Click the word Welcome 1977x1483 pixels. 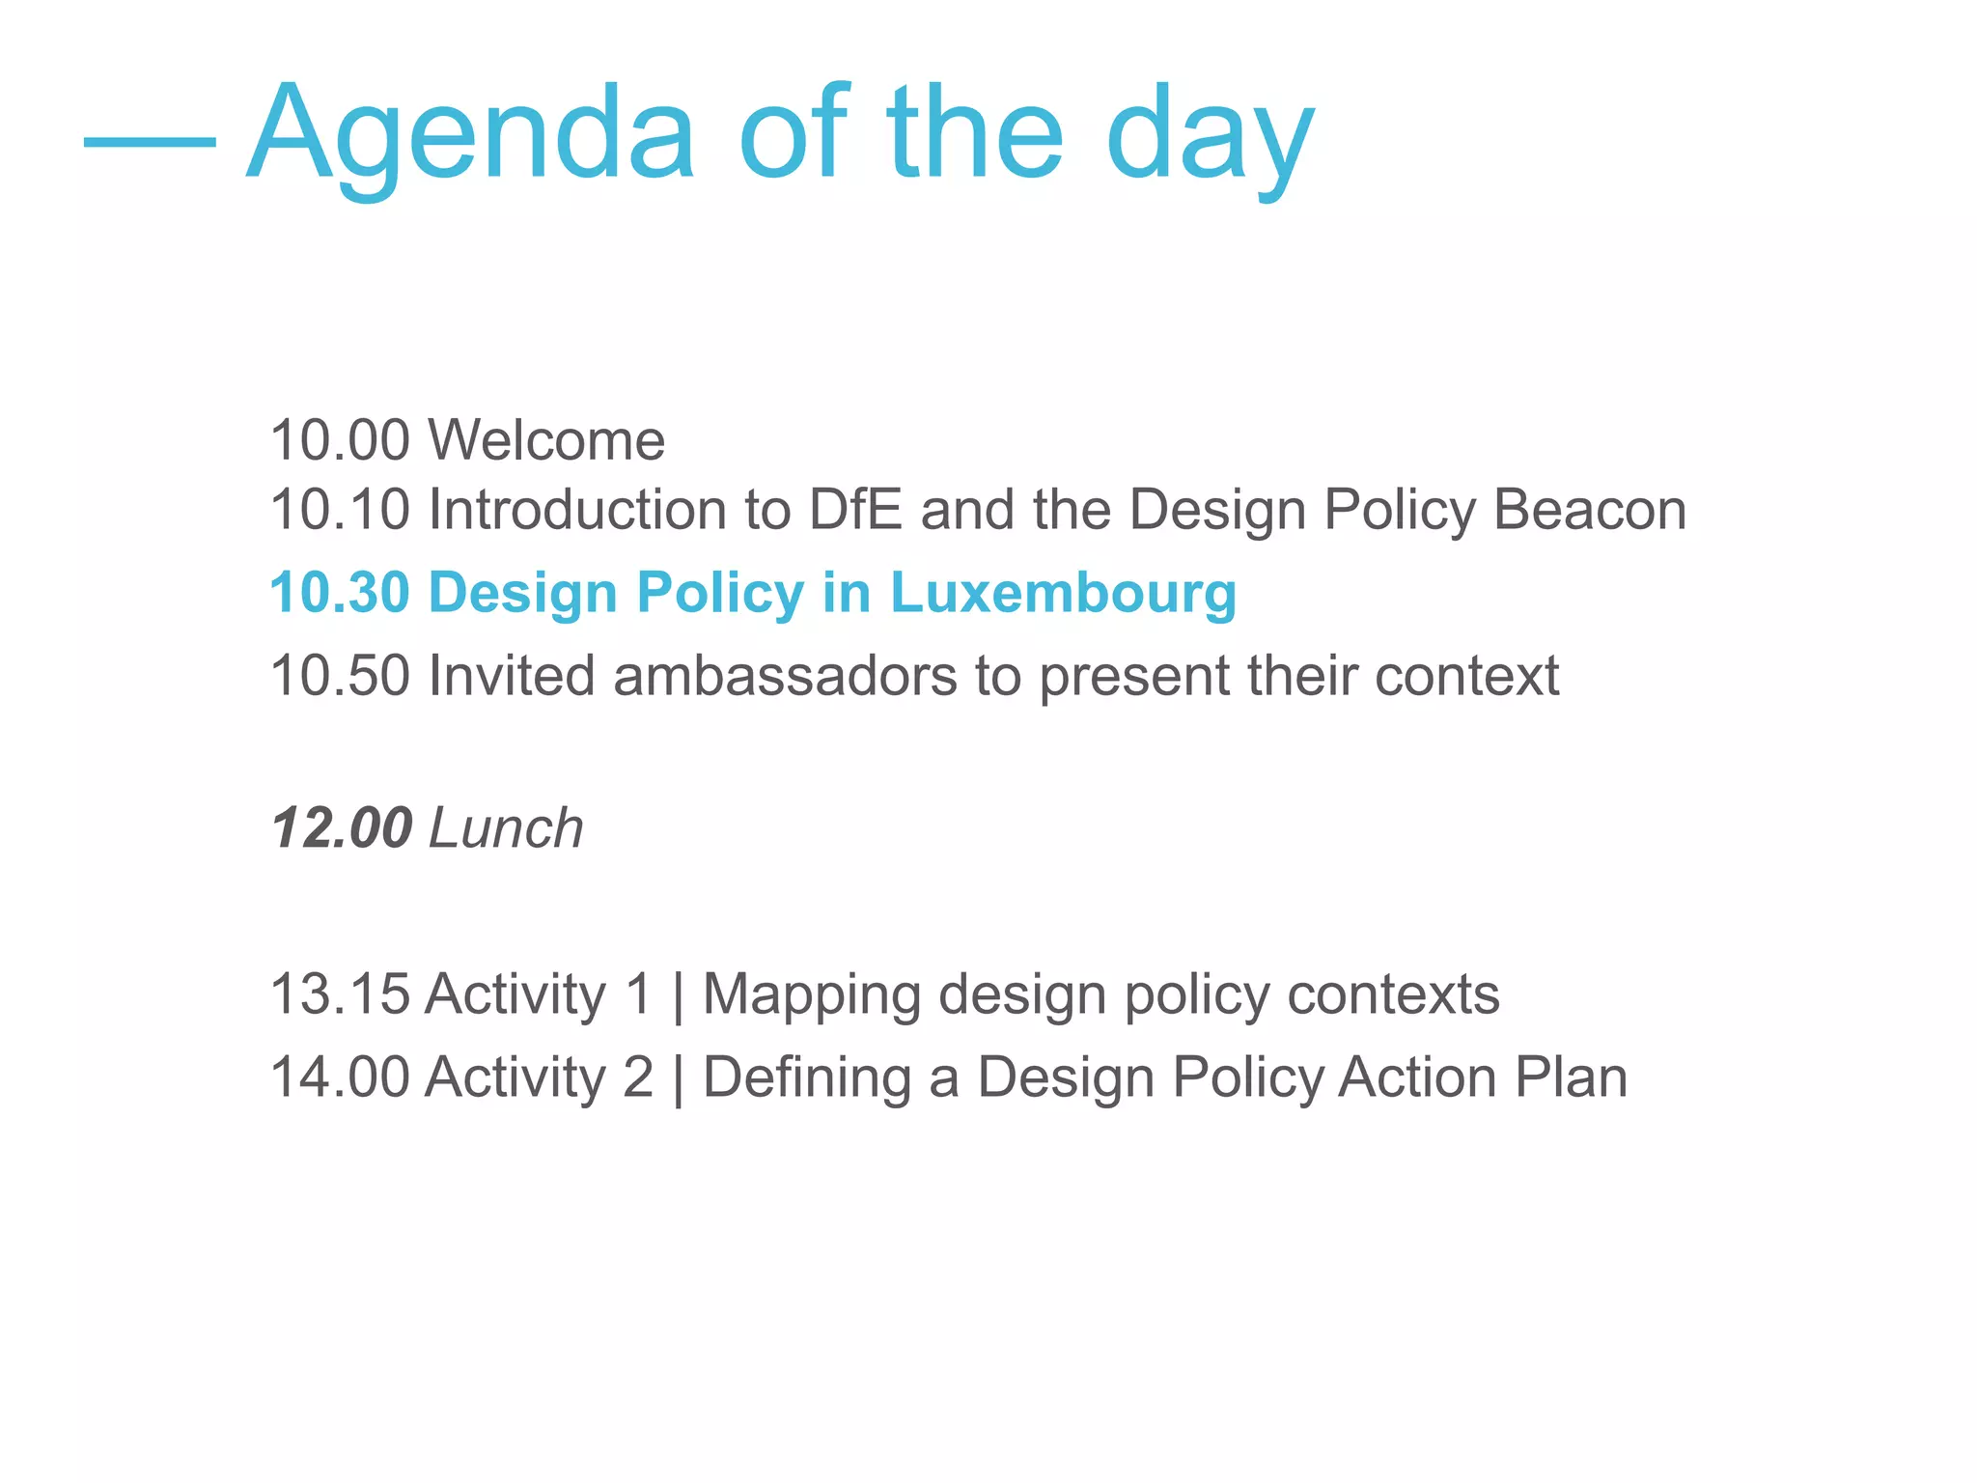546,441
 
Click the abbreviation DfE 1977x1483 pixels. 855,510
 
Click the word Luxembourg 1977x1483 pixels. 1063,593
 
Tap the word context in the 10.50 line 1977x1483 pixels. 1466,676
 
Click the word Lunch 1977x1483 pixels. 506,828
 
